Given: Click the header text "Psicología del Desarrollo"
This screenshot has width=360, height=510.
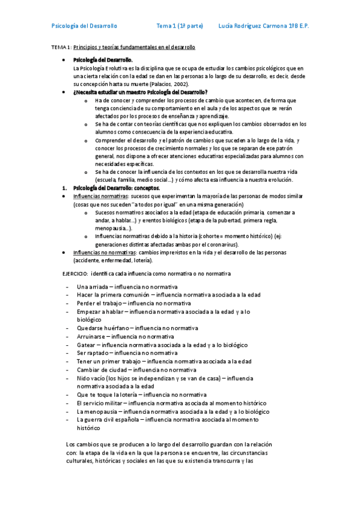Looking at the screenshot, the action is click(85, 26).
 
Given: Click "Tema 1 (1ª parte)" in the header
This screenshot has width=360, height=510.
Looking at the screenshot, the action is click(179, 26).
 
